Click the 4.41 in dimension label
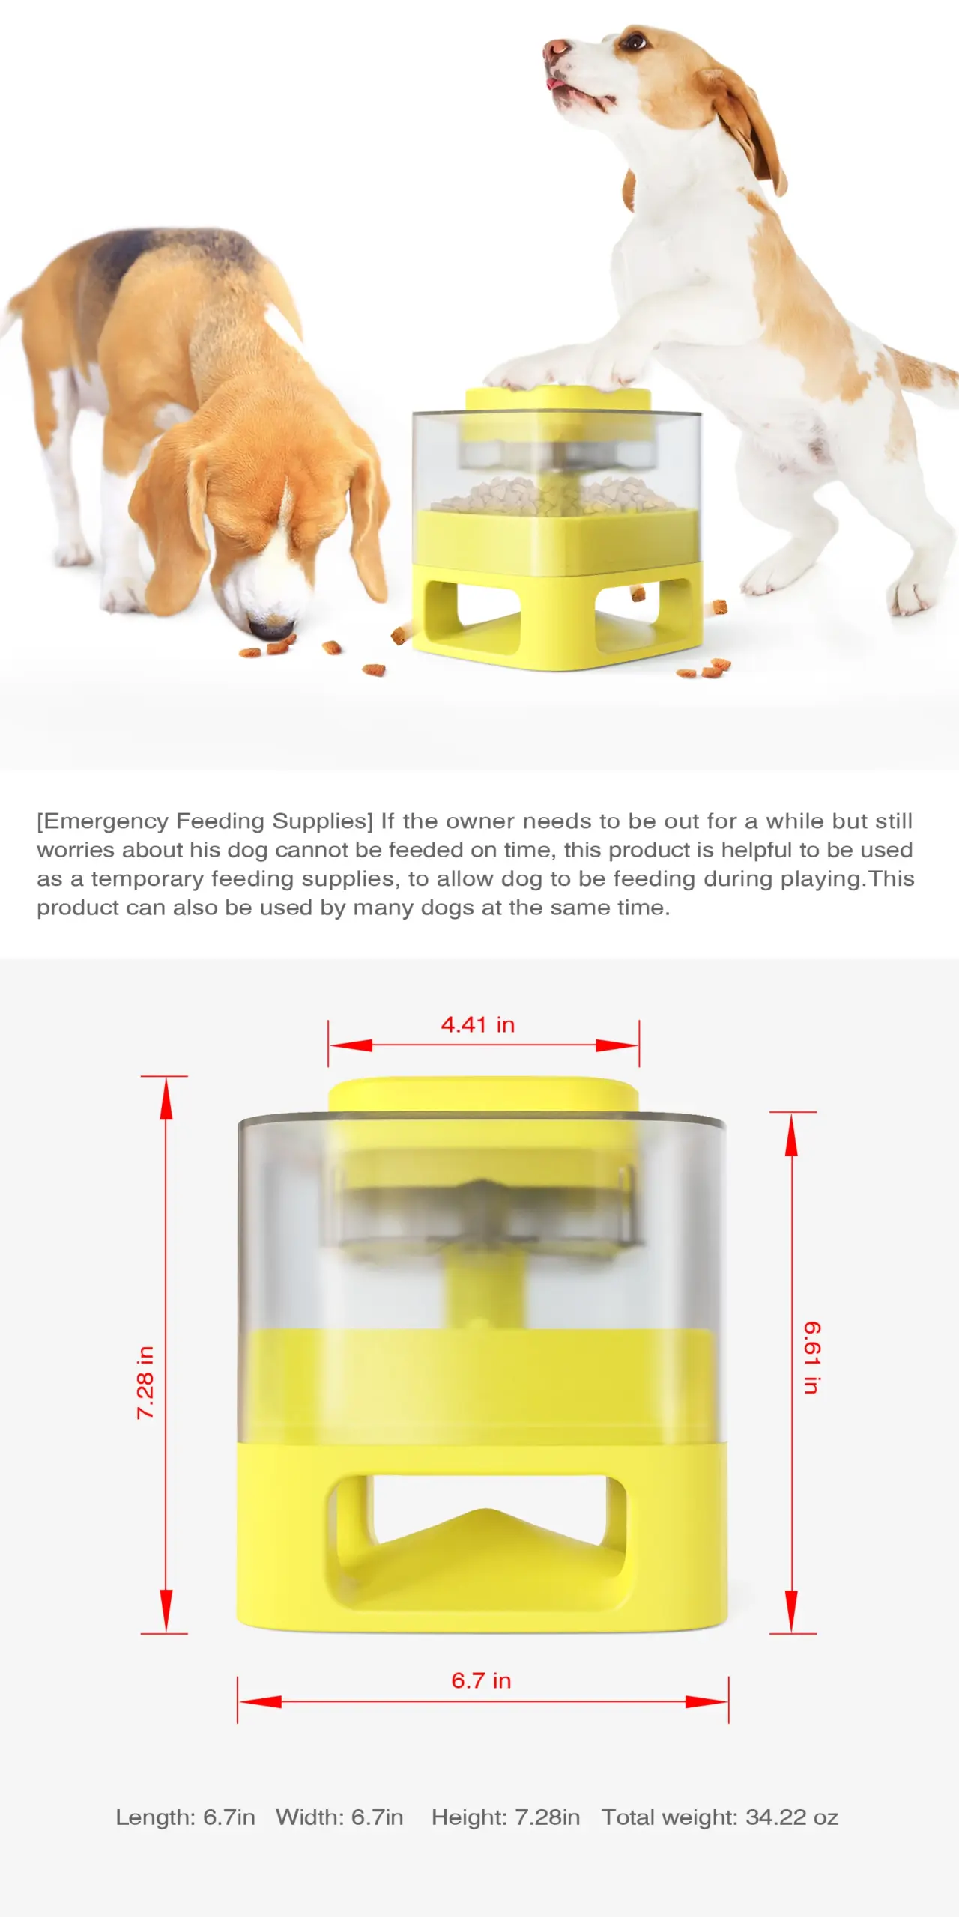pyautogui.click(x=477, y=1024)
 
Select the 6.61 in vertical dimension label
pyautogui.click(x=812, y=1357)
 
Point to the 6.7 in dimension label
pyautogui.click(x=480, y=1680)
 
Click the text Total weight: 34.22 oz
pyautogui.click(x=719, y=1817)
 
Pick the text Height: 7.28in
pyautogui.click(x=505, y=1817)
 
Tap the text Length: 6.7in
pyautogui.click(x=185, y=1817)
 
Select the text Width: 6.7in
pyautogui.click(x=339, y=1817)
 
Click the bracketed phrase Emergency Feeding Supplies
pyautogui.click(x=205, y=821)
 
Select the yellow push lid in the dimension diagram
pyautogui.click(x=483, y=1093)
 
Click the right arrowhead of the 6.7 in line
pyautogui.click(x=707, y=1702)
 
